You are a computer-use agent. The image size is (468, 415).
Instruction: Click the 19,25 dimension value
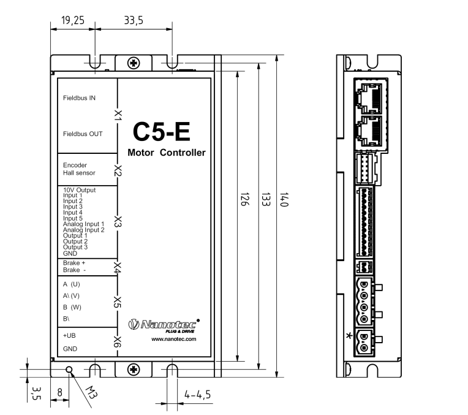pos(73,20)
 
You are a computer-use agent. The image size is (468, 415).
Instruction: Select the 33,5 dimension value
pos(134,20)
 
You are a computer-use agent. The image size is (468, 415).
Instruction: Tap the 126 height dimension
pos(244,199)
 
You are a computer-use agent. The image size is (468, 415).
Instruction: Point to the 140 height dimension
pos(284,199)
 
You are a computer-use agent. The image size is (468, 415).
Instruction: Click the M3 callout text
pos(91,392)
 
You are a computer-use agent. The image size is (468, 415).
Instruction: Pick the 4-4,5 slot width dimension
pos(197,395)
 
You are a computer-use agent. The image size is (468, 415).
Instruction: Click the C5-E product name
pos(162,132)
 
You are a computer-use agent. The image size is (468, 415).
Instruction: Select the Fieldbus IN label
pos(79,98)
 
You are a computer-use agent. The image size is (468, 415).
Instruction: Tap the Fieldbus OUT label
pos(83,134)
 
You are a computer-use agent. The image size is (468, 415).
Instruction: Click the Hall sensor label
pos(79,173)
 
